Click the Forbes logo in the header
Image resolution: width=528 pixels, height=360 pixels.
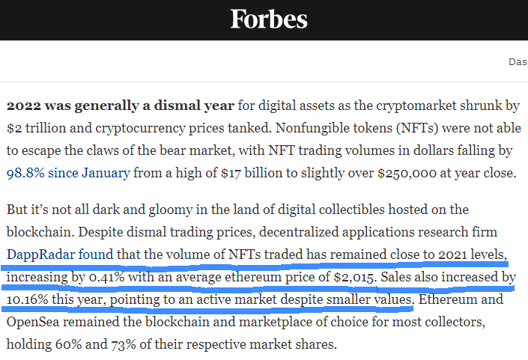269,19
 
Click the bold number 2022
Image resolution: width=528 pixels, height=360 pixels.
23,106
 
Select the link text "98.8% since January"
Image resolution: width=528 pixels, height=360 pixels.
68,174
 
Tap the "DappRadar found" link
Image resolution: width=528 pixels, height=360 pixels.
60,254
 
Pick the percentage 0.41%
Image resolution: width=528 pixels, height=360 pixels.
106,277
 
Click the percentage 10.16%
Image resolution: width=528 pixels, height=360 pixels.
27,299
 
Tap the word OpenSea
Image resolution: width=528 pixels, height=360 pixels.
33,322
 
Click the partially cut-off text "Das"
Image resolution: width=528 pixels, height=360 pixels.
518,62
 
